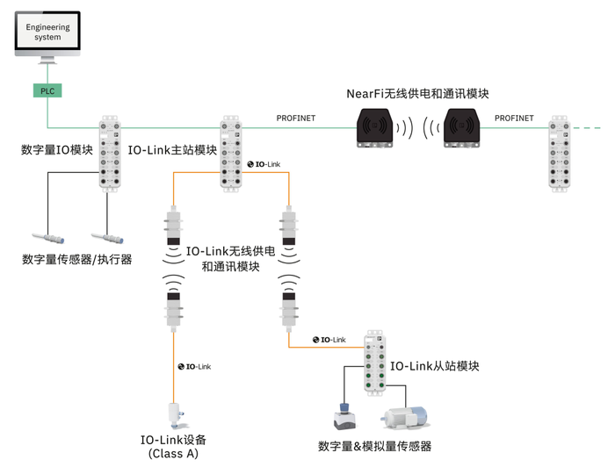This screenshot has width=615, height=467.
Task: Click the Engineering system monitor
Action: (47, 33)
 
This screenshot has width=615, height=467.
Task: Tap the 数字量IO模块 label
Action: (57, 149)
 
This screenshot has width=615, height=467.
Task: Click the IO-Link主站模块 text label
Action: (173, 149)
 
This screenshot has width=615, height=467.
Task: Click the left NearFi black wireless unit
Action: (380, 126)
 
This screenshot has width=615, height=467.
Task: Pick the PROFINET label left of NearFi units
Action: (296, 118)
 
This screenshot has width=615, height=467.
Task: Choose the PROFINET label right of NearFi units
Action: (514, 118)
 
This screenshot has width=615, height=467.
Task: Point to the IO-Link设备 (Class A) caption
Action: (173, 446)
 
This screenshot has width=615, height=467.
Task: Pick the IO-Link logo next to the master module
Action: (264, 164)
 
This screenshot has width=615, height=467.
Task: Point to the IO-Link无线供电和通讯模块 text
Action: (231, 258)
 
